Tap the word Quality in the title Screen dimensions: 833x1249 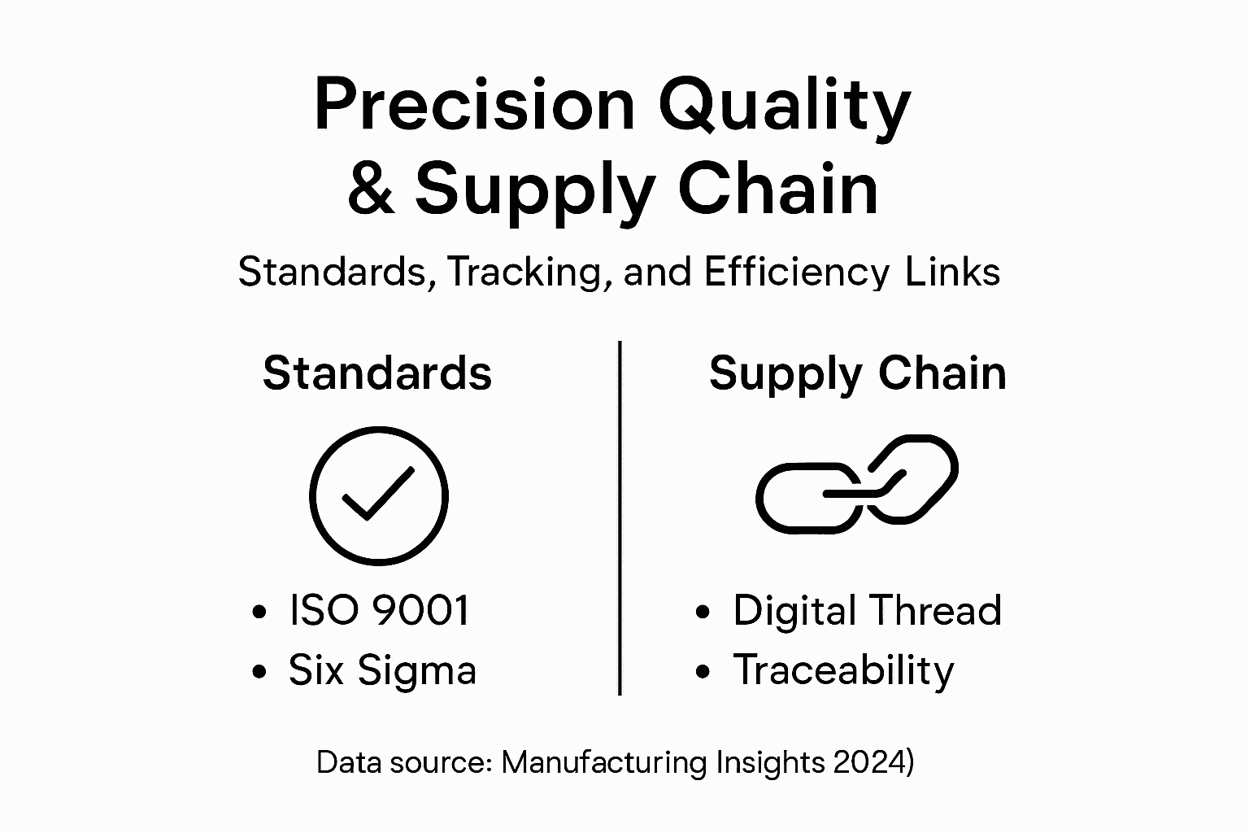click(x=784, y=107)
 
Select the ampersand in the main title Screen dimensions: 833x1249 click(x=372, y=190)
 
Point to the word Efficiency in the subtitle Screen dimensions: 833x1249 click(x=796, y=273)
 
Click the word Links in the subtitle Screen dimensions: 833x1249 click(x=952, y=272)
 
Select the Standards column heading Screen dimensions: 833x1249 click(x=377, y=373)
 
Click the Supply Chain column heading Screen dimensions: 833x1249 click(x=857, y=374)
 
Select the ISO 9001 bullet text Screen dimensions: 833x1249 click(x=379, y=610)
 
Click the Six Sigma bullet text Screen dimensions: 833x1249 click(x=382, y=671)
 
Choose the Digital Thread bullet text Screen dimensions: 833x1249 click(x=867, y=610)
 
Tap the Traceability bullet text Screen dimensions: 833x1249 click(x=843, y=671)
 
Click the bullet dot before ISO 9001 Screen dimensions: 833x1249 click(x=259, y=613)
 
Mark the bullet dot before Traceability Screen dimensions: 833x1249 click(x=703, y=673)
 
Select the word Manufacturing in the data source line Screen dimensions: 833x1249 click(x=605, y=763)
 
